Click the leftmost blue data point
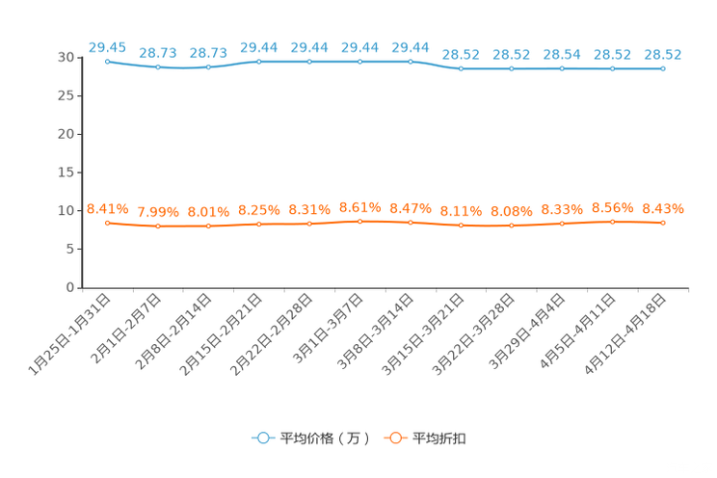[x=107, y=61]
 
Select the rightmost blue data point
[x=662, y=68]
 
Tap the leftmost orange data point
[x=107, y=222]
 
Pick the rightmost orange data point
[x=662, y=222]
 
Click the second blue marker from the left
[x=157, y=67]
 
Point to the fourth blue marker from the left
[x=258, y=61]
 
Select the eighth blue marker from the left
[x=461, y=68]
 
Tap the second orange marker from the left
[x=157, y=226]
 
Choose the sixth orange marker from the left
[x=359, y=221]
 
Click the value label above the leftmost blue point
[x=107, y=45]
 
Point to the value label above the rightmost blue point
[x=662, y=53]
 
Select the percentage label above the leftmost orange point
[x=107, y=207]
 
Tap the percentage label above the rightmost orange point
[x=662, y=207]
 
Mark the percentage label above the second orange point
[x=157, y=211]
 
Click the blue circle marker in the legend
[x=261, y=438]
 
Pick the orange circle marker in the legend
[x=394, y=438]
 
